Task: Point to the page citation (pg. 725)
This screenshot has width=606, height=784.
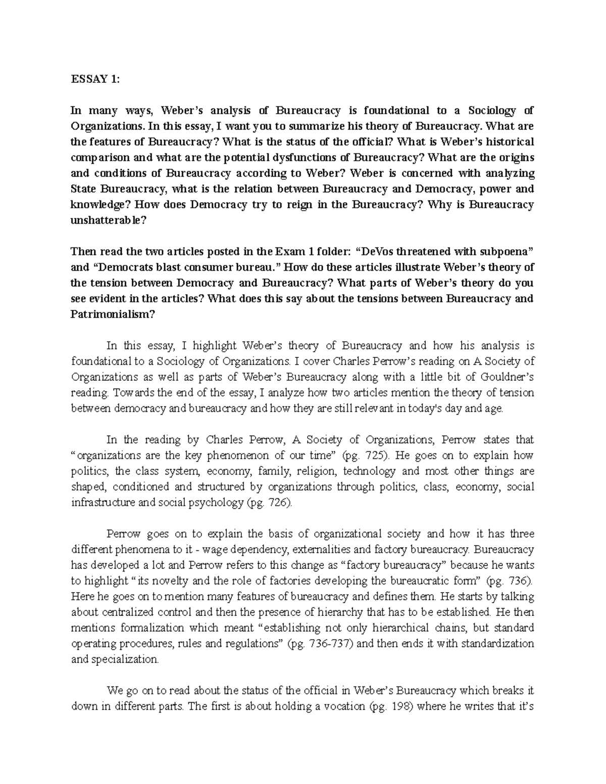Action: (x=366, y=455)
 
